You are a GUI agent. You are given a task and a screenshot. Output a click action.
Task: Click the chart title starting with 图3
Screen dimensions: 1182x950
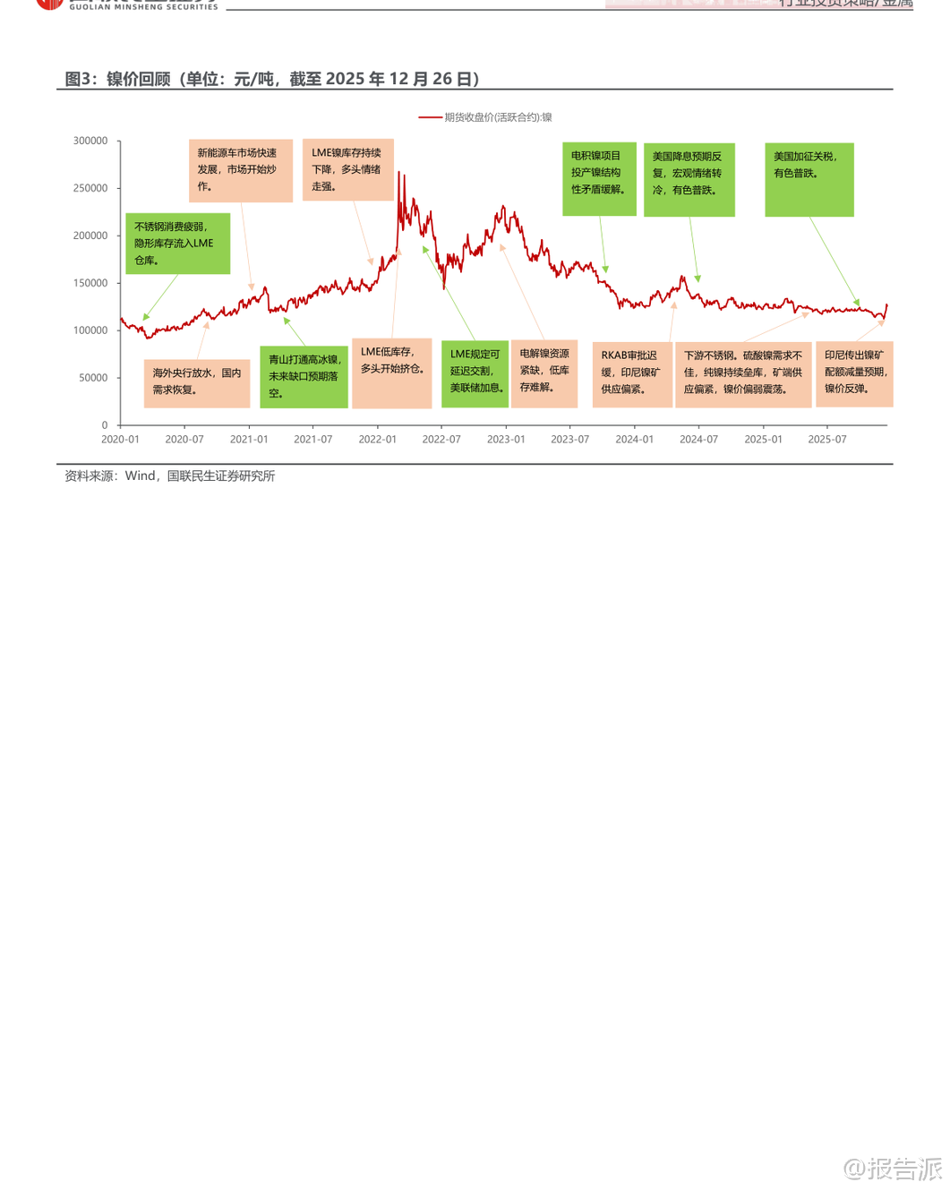272,79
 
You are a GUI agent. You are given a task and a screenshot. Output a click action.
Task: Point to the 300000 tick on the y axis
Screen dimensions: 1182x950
90,141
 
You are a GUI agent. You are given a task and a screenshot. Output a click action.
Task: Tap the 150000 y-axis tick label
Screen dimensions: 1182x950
90,283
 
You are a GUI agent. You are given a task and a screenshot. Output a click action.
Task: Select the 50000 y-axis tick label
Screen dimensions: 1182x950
93,378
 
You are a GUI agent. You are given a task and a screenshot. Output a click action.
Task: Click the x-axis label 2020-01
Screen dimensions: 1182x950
120,440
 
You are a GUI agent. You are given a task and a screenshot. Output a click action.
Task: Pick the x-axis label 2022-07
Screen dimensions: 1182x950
441,440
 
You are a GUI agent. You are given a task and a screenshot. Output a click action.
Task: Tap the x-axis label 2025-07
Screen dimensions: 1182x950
826,440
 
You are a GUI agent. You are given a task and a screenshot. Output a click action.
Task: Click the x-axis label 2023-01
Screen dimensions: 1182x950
506,440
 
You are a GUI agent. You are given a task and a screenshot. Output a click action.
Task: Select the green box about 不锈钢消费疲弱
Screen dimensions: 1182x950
177,244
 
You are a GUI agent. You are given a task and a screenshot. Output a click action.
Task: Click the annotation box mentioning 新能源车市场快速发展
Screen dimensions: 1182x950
240,170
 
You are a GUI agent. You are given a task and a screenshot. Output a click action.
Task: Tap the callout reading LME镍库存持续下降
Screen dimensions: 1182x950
347,169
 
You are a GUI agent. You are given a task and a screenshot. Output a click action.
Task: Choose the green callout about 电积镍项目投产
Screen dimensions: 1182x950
599,178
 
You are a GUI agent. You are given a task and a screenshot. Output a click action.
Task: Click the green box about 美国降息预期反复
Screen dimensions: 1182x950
689,179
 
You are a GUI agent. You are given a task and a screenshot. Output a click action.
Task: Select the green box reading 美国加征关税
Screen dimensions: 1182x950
809,179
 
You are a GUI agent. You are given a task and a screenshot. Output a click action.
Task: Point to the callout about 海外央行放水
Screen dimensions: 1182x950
197,382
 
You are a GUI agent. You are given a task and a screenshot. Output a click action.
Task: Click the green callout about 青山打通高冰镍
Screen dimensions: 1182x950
304,377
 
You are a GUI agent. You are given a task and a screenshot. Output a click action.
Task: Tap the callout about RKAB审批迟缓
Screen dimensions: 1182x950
632,373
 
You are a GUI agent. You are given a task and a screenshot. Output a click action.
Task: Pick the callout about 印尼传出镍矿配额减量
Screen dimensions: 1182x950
854,373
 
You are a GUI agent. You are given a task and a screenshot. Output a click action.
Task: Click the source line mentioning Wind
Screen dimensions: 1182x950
170,476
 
